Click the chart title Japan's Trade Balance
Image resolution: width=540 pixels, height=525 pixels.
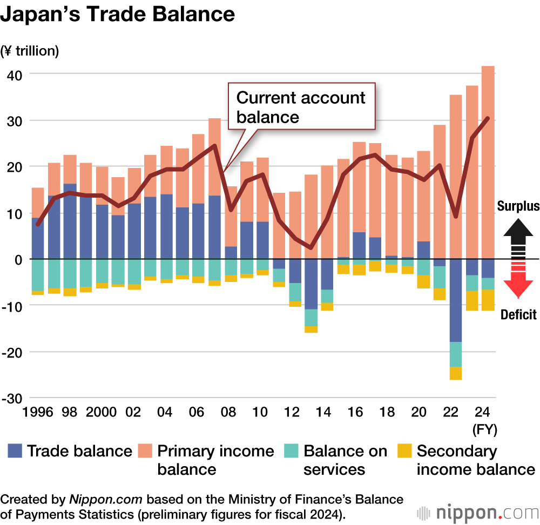pos(118,15)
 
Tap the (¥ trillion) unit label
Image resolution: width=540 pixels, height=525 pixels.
pos(30,51)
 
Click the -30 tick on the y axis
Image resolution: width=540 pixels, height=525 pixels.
pos(12,398)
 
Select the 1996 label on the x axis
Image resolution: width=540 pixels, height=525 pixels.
pos(37,412)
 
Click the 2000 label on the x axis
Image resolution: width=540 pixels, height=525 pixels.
pos(101,412)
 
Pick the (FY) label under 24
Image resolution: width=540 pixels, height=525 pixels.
pos(484,430)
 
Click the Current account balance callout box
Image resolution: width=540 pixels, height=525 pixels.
pos(301,106)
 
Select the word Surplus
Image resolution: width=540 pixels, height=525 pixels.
pos(518,206)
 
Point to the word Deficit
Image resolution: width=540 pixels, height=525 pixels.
pos(518,314)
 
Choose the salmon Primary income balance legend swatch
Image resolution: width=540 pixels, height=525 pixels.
pos(145,451)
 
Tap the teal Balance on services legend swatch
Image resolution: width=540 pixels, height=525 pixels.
pos(291,451)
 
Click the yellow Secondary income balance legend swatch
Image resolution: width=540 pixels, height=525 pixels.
pos(404,451)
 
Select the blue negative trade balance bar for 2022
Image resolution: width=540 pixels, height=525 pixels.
pos(456,300)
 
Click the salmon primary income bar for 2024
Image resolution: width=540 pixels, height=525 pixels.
pos(488,162)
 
